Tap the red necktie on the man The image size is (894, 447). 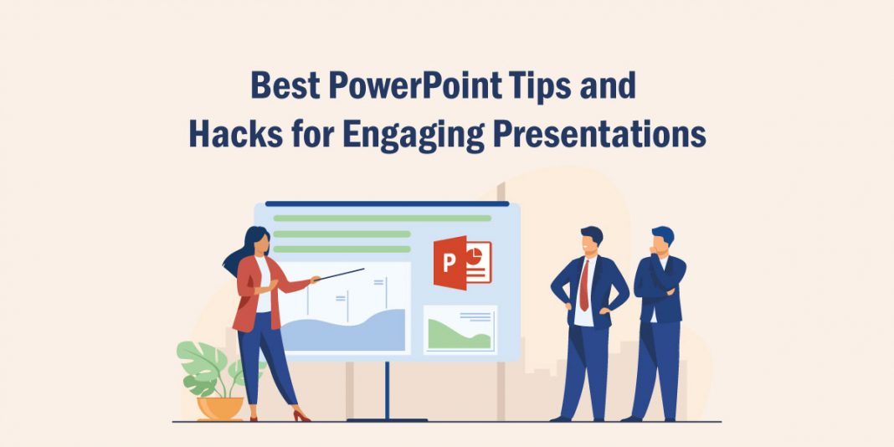pyautogui.click(x=584, y=285)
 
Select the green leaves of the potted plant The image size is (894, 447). pyautogui.click(x=205, y=364)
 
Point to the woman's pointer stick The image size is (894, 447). pyautogui.click(x=342, y=274)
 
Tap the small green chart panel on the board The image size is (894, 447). pyautogui.click(x=460, y=330)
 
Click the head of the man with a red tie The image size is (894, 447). pyautogui.click(x=591, y=239)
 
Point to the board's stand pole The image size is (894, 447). pyautogui.click(x=387, y=389)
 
